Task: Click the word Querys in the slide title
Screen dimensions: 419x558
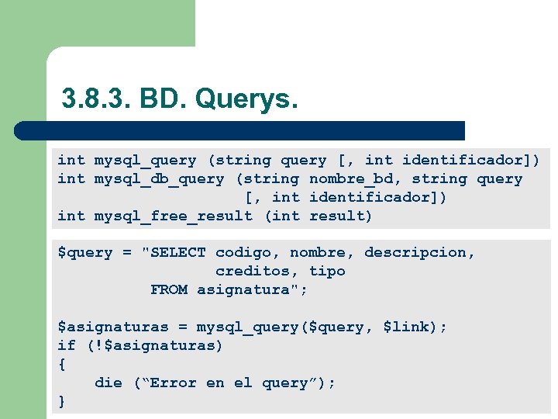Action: pyautogui.click(x=246, y=99)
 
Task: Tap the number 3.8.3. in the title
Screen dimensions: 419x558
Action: pyautogui.click(x=97, y=99)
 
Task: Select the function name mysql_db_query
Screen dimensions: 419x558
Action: pyautogui.click(x=159, y=179)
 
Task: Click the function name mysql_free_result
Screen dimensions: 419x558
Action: pyautogui.click(x=173, y=216)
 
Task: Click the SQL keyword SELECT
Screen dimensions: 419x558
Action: pyautogui.click(x=178, y=253)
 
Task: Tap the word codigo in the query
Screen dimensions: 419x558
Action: pyautogui.click(x=247, y=253)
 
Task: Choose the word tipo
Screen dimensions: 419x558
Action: pyautogui.click(x=327, y=272)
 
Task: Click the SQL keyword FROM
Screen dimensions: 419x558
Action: pyautogui.click(x=169, y=290)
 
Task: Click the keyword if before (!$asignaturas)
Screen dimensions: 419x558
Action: pyautogui.click(x=67, y=346)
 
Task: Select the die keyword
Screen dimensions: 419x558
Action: pyautogui.click(x=108, y=383)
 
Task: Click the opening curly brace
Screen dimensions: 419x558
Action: pyautogui.click(x=62, y=365)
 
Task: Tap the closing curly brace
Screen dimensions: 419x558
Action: pyautogui.click(x=62, y=402)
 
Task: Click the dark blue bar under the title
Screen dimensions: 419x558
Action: pyautogui.click(x=240, y=130)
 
